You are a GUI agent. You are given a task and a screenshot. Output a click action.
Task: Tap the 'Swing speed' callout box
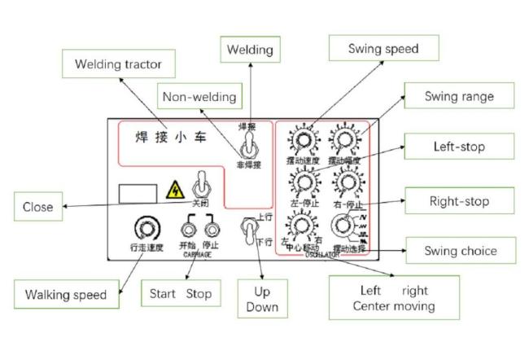(383, 49)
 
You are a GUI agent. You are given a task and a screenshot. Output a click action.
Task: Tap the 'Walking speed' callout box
(66, 293)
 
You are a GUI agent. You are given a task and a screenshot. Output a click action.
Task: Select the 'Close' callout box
(37, 206)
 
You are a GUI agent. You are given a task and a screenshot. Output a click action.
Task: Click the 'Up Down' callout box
(261, 298)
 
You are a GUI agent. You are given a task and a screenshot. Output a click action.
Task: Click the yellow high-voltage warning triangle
(173, 192)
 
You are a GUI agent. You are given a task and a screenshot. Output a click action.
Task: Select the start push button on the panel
(190, 224)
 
